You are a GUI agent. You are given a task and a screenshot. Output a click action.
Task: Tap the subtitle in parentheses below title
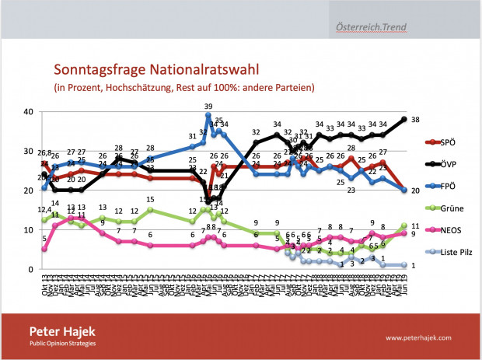[x=179, y=87]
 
